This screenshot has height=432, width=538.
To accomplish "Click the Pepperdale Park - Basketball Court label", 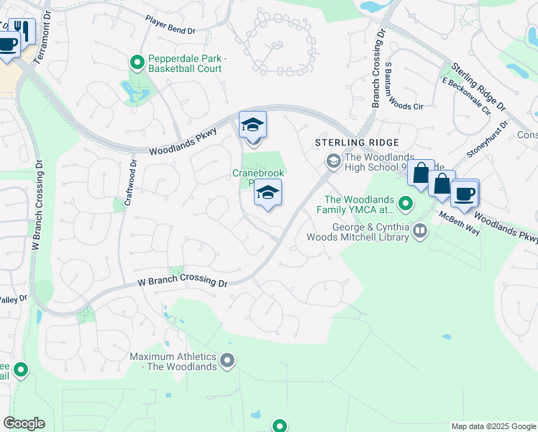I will tap(185, 63).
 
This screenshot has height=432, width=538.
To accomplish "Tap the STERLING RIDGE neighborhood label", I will tap(357, 143).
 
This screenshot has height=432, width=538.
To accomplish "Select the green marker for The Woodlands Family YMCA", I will tap(406, 204).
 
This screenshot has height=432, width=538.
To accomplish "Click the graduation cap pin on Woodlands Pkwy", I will tap(252, 127).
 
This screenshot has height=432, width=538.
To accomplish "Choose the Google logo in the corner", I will tap(24, 423).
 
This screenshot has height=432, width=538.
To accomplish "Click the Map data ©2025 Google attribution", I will tap(493, 426).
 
